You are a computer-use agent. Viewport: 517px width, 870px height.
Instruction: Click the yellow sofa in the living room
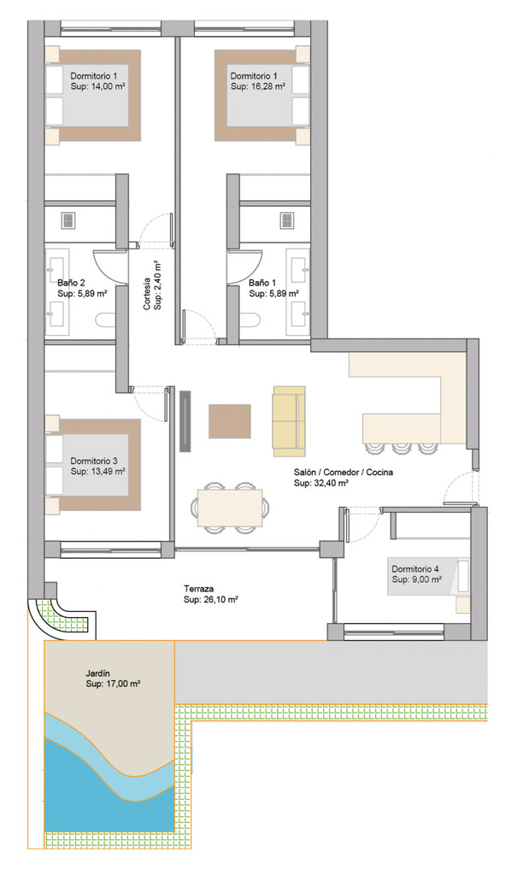point(289,418)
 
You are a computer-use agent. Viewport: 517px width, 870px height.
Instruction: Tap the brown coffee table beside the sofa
point(230,421)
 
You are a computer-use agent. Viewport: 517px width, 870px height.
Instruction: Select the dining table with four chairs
point(230,508)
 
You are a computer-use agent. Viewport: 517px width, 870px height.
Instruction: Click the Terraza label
point(198,589)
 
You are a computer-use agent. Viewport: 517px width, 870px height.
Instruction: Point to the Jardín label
point(97,673)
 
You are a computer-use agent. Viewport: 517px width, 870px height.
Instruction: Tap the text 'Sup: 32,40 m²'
point(321,483)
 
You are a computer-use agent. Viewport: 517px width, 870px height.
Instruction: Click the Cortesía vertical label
point(146,293)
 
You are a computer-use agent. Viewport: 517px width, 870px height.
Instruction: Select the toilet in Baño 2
point(105,320)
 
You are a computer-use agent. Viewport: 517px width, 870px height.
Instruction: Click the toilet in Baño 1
point(250,320)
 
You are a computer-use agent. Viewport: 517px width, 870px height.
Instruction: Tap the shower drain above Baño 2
point(68,220)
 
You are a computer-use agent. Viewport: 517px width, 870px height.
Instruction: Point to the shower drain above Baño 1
point(286,220)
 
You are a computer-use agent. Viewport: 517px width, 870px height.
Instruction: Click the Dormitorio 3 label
point(94,461)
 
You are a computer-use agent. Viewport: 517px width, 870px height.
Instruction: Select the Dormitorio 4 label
point(415,568)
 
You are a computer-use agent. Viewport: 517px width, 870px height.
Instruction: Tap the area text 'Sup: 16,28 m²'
point(258,86)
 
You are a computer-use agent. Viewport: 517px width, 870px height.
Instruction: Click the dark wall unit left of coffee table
point(185,421)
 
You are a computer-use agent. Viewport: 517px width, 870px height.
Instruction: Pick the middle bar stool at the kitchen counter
point(402,449)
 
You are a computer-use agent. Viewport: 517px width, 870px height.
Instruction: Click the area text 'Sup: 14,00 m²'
point(97,86)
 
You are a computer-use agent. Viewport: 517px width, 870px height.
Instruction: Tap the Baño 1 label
point(261,282)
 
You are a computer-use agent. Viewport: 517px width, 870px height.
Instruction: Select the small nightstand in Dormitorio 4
point(463,605)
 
